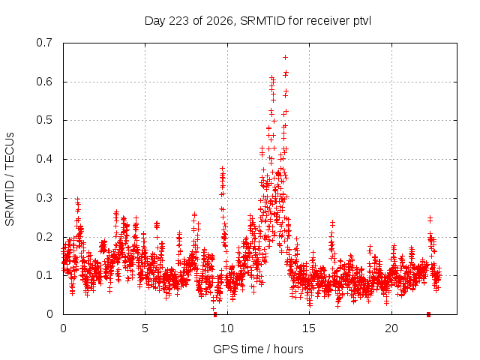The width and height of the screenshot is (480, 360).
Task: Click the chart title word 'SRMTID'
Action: click(x=262, y=21)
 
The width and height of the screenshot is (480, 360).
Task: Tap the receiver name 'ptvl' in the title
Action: click(x=362, y=22)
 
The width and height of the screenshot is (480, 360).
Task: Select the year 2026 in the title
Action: click(x=220, y=21)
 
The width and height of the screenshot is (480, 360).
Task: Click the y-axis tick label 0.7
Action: click(x=44, y=43)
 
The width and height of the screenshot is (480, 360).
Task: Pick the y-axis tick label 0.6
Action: click(x=44, y=82)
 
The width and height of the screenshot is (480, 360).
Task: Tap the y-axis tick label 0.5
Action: click(x=44, y=120)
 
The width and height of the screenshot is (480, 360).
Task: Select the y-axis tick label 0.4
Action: click(x=44, y=159)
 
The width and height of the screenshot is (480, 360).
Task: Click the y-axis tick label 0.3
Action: click(x=44, y=198)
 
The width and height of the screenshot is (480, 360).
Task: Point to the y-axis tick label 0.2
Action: click(x=44, y=237)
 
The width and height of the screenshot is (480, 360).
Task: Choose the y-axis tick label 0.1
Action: click(x=44, y=275)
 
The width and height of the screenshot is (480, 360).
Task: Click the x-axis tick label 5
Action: click(x=145, y=328)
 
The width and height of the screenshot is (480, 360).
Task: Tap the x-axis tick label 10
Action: click(x=227, y=328)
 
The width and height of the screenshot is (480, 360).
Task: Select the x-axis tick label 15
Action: click(x=309, y=328)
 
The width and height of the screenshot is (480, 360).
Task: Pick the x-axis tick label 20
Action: click(x=391, y=328)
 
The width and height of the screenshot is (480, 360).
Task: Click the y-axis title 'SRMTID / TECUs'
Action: click(x=10, y=179)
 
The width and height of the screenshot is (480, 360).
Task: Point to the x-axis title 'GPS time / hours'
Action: click(x=258, y=349)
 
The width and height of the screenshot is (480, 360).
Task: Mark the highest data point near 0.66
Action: click(x=285, y=57)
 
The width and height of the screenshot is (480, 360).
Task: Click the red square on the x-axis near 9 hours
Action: click(x=215, y=314)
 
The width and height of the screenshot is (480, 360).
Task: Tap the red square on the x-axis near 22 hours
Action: click(x=428, y=314)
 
